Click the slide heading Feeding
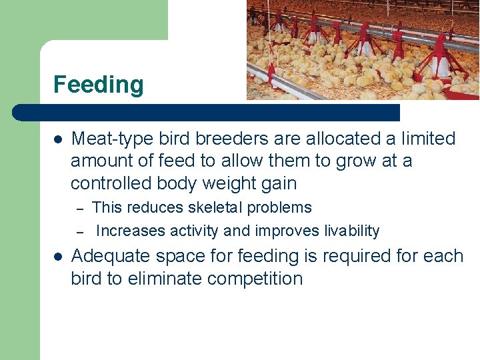[x=98, y=85]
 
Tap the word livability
[x=351, y=231]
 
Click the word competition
[x=255, y=279]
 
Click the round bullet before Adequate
[x=58, y=257]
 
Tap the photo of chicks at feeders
[x=363, y=49]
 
